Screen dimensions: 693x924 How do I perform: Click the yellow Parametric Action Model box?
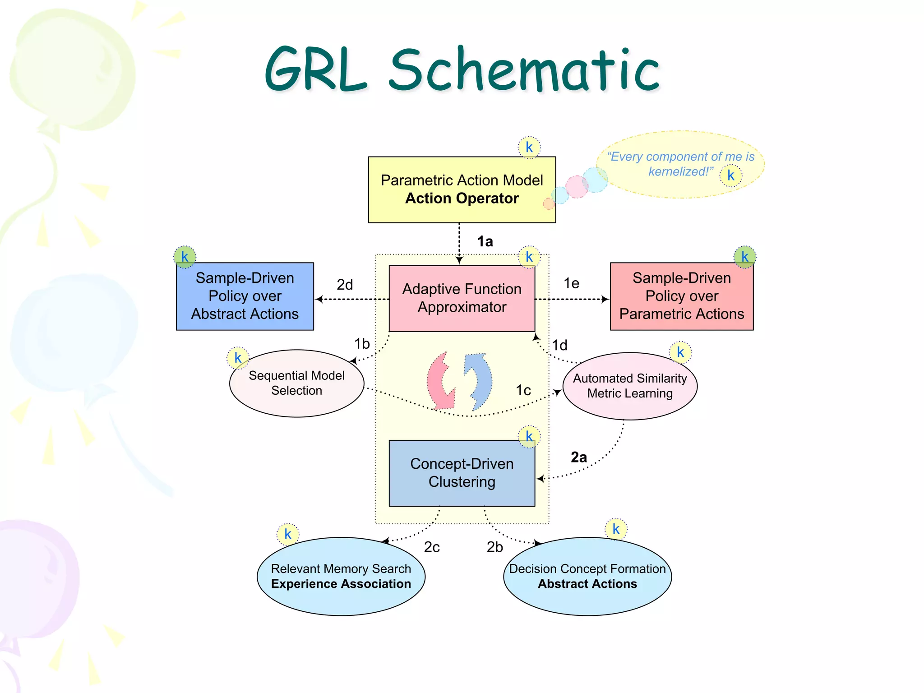point(462,189)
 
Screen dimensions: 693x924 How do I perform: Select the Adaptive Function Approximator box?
point(462,298)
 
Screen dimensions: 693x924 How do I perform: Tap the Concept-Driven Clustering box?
point(462,473)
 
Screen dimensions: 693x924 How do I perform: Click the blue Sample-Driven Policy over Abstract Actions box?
point(245,296)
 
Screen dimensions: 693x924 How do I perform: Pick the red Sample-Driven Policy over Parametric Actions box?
point(681,296)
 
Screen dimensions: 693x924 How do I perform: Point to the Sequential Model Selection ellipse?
point(296,383)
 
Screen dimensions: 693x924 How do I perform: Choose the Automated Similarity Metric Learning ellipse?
point(630,386)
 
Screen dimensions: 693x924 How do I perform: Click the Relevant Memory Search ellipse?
point(341,576)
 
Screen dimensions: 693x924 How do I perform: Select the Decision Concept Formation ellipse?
point(587,576)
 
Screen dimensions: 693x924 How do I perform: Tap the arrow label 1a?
point(485,241)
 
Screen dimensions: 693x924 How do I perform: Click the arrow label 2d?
point(345,285)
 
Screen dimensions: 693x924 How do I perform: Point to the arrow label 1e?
point(571,283)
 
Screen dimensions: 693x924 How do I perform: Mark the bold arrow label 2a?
point(579,457)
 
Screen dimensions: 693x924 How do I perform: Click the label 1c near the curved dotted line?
point(523,390)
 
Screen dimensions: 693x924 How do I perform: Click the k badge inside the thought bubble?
point(730,176)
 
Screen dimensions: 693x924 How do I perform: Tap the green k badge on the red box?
point(745,257)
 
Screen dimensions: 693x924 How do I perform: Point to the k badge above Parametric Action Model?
point(529,147)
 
